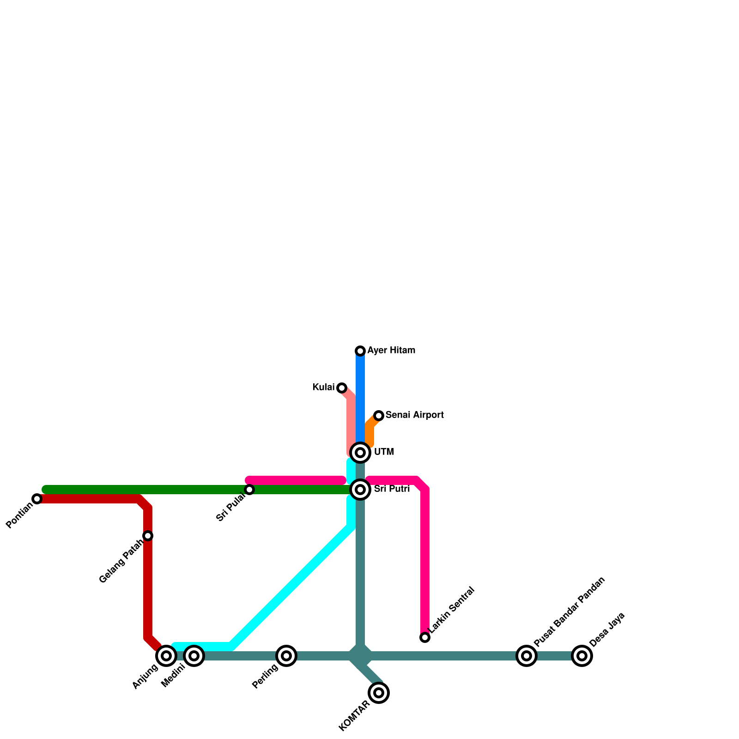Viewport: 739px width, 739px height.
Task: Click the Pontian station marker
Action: click(37, 499)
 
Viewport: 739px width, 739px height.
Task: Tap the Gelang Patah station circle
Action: click(148, 536)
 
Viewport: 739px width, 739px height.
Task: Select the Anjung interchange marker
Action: click(166, 656)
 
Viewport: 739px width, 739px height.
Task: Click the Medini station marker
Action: click(194, 656)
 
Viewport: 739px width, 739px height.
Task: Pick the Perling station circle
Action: click(286, 656)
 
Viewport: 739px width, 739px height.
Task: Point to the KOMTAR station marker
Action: click(379, 693)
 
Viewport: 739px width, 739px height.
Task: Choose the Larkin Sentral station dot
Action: click(425, 637)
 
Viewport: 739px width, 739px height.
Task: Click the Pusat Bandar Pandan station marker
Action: click(527, 656)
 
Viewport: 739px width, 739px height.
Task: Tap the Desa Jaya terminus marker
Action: click(582, 656)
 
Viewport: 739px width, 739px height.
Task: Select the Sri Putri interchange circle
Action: click(360, 490)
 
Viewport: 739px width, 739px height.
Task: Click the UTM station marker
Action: click(360, 453)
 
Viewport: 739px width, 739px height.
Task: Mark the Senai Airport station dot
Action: click(379, 416)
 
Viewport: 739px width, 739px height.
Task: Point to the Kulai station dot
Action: click(342, 388)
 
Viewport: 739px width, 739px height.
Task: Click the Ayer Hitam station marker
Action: click(360, 351)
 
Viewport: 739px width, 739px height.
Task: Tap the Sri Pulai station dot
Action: click(249, 490)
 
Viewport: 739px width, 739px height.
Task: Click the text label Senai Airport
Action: click(415, 415)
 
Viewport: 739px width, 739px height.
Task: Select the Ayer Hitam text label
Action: click(391, 351)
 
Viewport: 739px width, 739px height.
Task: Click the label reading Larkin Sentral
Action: click(451, 610)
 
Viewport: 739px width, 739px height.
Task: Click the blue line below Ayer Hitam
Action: click(360, 397)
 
